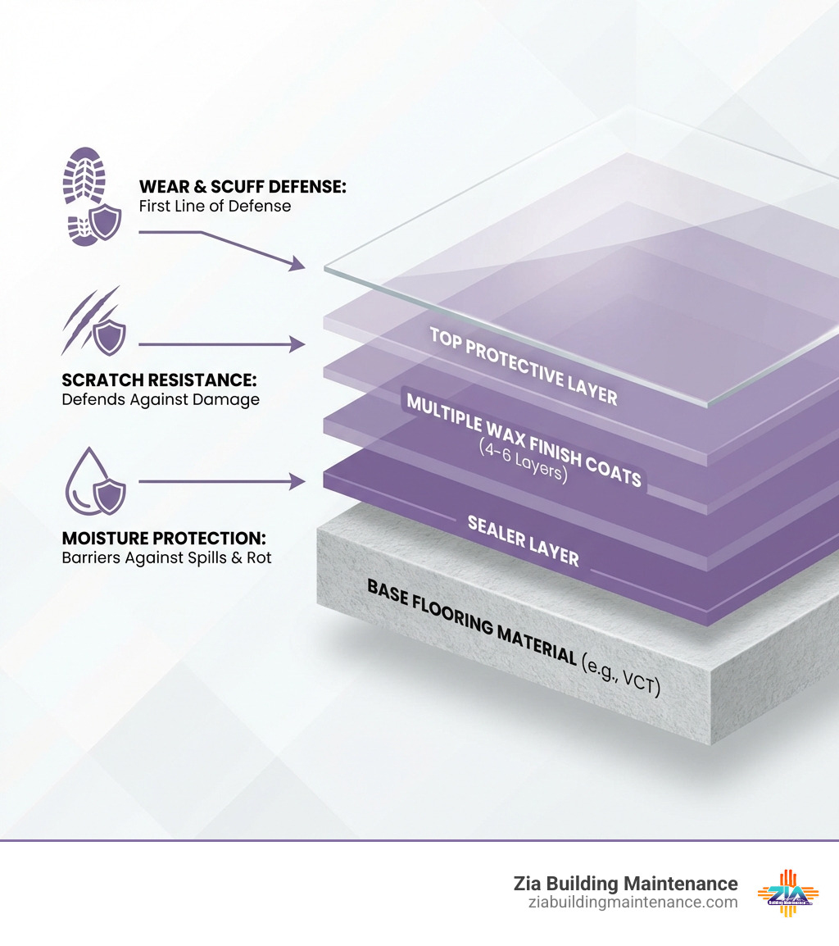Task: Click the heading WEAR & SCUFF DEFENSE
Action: point(243,187)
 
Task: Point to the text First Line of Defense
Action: point(215,206)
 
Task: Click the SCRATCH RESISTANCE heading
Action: point(160,380)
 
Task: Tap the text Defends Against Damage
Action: point(161,400)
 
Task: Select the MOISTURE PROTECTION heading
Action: point(164,539)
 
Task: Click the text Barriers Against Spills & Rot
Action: point(166,558)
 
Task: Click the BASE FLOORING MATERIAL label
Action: point(471,621)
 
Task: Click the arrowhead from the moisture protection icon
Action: point(297,482)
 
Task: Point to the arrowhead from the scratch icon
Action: point(297,345)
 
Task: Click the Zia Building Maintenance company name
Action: point(625,883)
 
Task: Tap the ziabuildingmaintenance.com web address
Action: point(633,903)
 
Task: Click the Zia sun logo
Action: point(785,892)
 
